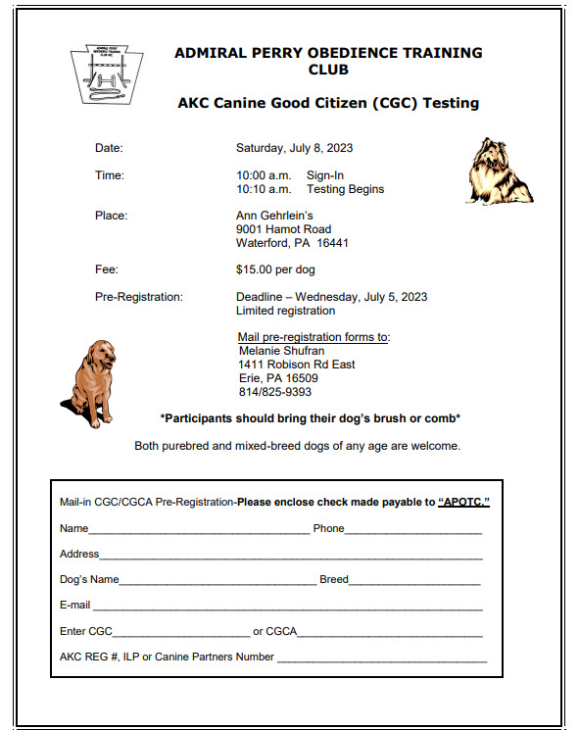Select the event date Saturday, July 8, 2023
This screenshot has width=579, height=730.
tap(294, 149)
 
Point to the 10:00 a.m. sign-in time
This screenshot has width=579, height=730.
tap(259, 175)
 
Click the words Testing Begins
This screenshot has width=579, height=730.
tap(345, 189)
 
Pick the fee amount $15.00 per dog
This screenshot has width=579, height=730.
tap(275, 269)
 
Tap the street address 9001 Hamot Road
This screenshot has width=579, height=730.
tap(283, 229)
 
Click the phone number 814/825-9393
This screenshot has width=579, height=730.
tap(275, 392)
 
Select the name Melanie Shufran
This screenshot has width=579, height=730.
tap(281, 351)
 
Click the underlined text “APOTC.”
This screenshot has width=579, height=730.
tap(463, 502)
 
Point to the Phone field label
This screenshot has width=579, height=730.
tap(328, 529)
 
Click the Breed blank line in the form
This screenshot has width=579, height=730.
tap(414, 580)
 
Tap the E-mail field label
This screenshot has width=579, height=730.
tap(74, 606)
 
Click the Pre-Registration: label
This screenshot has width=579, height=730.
tap(138, 297)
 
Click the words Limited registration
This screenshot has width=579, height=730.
tap(285, 311)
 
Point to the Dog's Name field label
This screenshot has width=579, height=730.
tap(89, 580)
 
